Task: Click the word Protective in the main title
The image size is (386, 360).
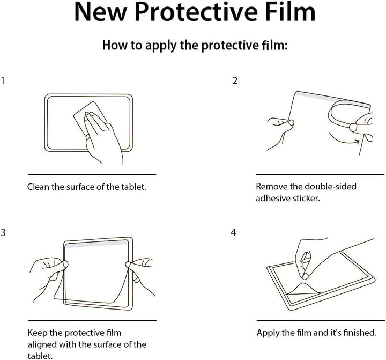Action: [x=196, y=12]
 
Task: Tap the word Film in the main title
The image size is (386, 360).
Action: [x=291, y=12]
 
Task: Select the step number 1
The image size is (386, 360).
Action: [x=3, y=80]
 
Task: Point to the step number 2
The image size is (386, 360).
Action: [x=235, y=81]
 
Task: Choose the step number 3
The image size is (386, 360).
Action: [x=3, y=232]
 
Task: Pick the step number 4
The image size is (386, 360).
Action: [x=233, y=232]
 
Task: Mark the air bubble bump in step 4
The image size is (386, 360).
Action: [x=303, y=288]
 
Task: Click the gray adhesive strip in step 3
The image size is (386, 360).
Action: [x=96, y=244]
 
